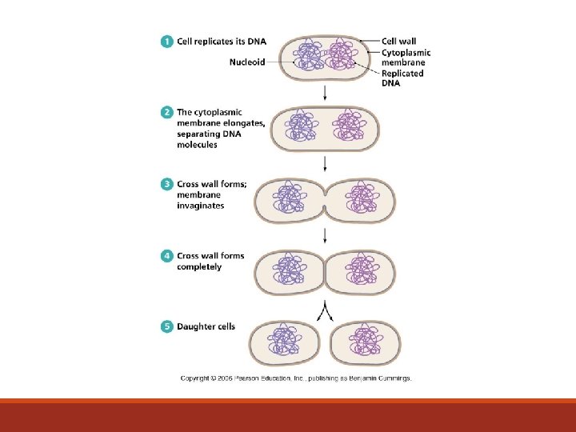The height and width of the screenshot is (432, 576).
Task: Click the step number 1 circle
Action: tap(166, 42)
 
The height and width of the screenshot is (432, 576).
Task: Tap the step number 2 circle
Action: tap(166, 113)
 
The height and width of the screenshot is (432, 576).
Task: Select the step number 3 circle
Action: tap(166, 184)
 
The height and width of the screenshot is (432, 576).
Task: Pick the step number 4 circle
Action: tap(166, 256)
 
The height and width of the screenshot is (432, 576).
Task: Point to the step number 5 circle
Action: tap(166, 326)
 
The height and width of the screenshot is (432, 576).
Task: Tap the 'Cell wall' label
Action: tap(398, 42)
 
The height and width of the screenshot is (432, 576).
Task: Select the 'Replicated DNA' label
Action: tap(402, 78)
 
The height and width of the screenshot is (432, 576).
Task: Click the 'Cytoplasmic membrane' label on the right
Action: tap(406, 58)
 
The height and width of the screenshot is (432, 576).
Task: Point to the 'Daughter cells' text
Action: tap(206, 326)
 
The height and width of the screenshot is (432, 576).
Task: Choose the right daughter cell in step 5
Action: tap(366, 342)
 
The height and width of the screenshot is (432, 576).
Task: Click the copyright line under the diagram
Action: tap(296, 378)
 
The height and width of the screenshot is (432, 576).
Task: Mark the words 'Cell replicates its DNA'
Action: tap(220, 42)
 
